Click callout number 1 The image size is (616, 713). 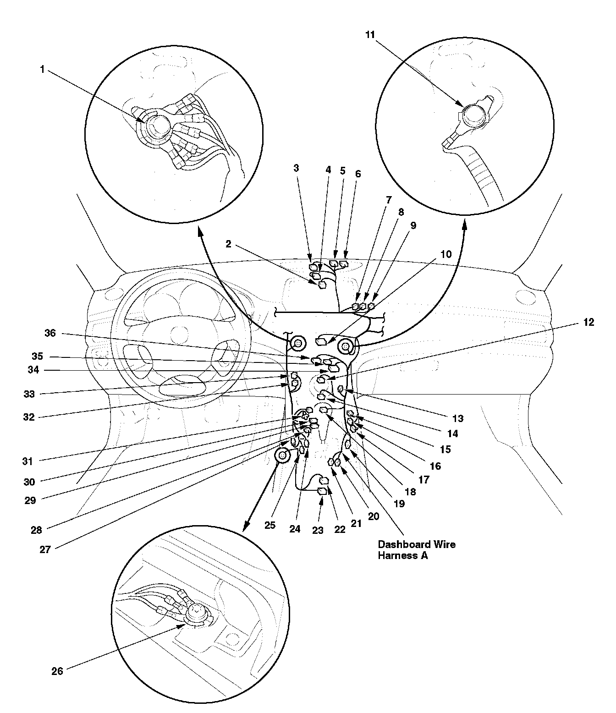pyautogui.click(x=42, y=70)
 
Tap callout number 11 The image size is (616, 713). pyautogui.click(x=370, y=34)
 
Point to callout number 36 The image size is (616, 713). pyautogui.click(x=50, y=333)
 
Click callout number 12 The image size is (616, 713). pyautogui.click(x=589, y=322)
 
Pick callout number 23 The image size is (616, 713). pyautogui.click(x=319, y=530)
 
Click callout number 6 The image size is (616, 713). pyautogui.click(x=358, y=174)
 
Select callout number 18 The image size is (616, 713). pyautogui.click(x=410, y=492)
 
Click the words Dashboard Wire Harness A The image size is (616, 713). pyautogui.click(x=416, y=550)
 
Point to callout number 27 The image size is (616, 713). pyautogui.click(x=44, y=550)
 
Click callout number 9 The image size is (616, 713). pyautogui.click(x=413, y=225)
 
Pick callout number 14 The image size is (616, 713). pyautogui.click(x=452, y=433)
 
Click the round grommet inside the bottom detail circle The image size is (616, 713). pyautogui.click(x=196, y=610)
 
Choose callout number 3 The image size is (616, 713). pyautogui.click(x=296, y=168)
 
